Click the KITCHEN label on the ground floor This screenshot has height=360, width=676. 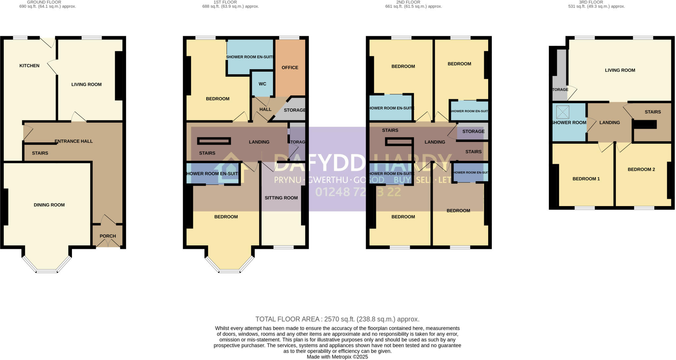(x=29, y=66)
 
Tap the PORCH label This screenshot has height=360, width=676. (x=108, y=236)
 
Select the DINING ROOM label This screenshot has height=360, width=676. (x=49, y=205)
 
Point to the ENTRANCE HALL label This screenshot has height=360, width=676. (x=74, y=141)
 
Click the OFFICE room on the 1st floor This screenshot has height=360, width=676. (x=290, y=68)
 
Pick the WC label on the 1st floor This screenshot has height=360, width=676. (x=262, y=84)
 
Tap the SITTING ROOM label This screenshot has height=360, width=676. (x=281, y=198)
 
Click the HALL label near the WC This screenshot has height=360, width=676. (x=265, y=109)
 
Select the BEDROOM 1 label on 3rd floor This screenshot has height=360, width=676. (x=586, y=179)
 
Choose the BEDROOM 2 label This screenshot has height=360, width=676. (x=641, y=169)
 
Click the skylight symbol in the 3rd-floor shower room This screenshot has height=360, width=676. (x=563, y=112)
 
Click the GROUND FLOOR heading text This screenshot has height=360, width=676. (x=44, y=2)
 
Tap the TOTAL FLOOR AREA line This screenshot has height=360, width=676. (x=337, y=319)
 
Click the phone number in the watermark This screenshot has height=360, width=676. (x=358, y=192)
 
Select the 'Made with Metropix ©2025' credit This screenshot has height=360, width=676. (x=337, y=357)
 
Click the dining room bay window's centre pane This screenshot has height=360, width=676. (x=47, y=271)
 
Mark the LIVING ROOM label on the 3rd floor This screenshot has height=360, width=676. (x=620, y=70)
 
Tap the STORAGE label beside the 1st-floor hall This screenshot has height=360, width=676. (x=294, y=110)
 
